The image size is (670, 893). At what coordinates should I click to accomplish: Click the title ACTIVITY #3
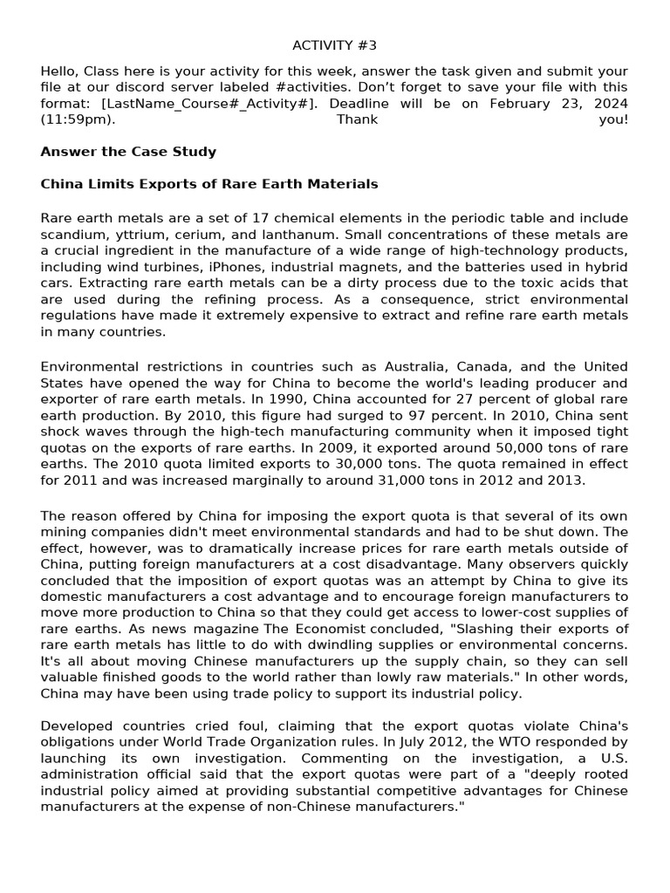[x=334, y=45]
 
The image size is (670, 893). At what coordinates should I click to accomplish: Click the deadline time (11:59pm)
[x=78, y=119]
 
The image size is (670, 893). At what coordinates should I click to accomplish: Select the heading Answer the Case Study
[x=128, y=152]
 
